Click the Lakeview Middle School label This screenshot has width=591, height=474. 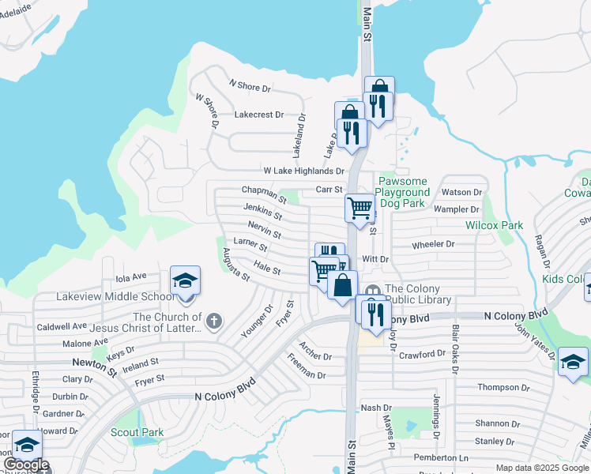[115, 297]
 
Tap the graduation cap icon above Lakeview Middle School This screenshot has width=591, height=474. [186, 281]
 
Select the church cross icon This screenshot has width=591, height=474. [214, 322]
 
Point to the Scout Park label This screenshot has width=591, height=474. [137, 432]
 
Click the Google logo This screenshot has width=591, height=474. [25, 465]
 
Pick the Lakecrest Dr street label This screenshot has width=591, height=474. [259, 115]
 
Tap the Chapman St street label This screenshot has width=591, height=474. [263, 190]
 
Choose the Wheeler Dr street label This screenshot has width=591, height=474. [433, 244]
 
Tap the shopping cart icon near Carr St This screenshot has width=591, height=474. [359, 208]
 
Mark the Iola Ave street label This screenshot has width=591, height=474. [131, 277]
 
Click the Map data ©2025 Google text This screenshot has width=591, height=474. [541, 468]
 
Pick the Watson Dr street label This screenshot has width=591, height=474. [461, 192]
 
